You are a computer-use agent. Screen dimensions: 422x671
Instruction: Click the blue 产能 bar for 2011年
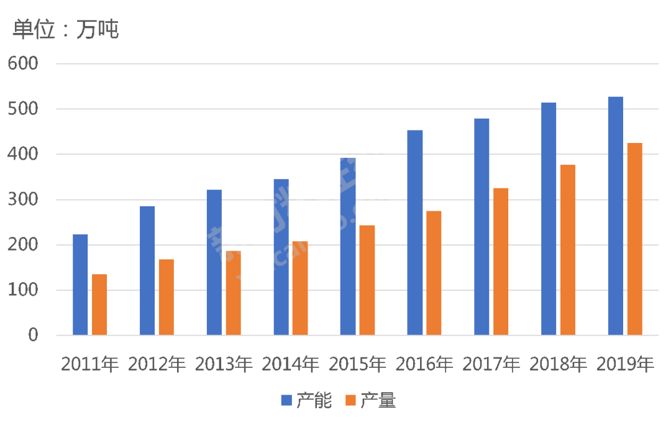pyautogui.click(x=81, y=285)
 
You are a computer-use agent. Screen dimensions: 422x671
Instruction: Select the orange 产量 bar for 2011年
pyautogui.click(x=99, y=305)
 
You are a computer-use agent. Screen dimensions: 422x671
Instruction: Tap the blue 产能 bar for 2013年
pyautogui.click(x=214, y=262)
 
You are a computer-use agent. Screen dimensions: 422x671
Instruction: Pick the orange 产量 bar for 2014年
pyautogui.click(x=300, y=288)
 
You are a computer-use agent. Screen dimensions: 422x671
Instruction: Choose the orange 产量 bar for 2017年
pyautogui.click(x=501, y=262)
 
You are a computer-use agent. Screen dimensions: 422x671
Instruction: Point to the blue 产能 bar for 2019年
pyautogui.click(x=616, y=216)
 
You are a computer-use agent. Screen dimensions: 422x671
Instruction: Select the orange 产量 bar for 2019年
pyautogui.click(x=634, y=239)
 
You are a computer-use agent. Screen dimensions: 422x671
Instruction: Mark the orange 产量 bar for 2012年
pyautogui.click(x=167, y=297)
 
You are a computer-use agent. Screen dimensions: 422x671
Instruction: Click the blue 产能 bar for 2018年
pyautogui.click(x=549, y=219)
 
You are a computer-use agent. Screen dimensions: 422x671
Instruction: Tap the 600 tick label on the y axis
pyautogui.click(x=23, y=63)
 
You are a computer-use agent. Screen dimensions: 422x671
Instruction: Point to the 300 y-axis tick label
pyautogui.click(x=23, y=200)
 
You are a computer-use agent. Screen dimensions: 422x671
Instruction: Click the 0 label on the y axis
pyautogui.click(x=32, y=336)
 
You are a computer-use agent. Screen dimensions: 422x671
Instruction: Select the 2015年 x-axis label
pyautogui.click(x=357, y=364)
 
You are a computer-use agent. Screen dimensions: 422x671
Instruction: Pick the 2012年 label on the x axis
pyautogui.click(x=157, y=364)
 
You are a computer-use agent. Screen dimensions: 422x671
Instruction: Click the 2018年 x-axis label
pyautogui.click(x=558, y=364)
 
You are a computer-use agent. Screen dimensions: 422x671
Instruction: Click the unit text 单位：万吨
pyautogui.click(x=65, y=29)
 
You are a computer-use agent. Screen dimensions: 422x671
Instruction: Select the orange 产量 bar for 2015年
pyautogui.click(x=367, y=280)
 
